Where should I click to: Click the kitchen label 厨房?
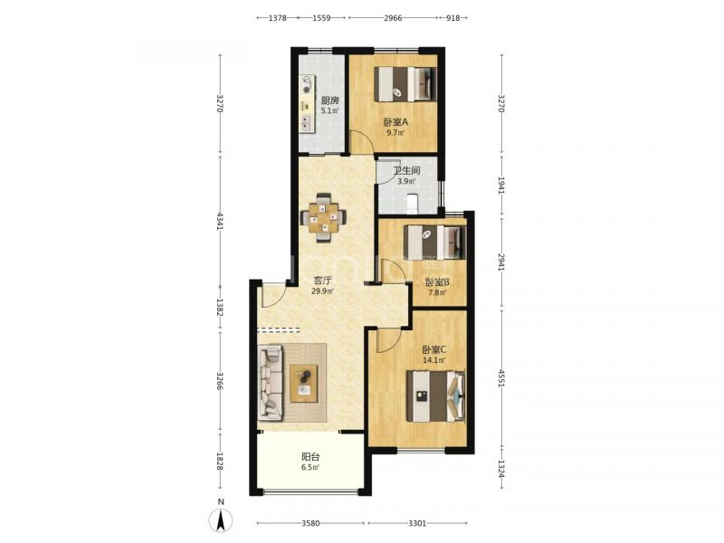tap(329, 100)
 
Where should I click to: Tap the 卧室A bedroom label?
tap(395, 122)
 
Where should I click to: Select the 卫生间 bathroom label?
tap(406, 170)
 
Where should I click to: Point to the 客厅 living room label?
tap(323, 281)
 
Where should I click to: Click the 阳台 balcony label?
tap(310, 457)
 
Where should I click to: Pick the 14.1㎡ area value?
tap(434, 360)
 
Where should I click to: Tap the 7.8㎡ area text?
tap(437, 292)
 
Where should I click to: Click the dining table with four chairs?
tap(323, 217)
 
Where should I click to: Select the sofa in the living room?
tap(270, 384)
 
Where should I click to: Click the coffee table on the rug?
tap(304, 383)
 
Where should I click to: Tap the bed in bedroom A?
tap(405, 84)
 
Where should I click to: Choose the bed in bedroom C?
tap(435, 395)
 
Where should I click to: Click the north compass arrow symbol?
tap(221, 521)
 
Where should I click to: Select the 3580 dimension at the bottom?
tap(310, 523)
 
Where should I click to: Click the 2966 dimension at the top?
tap(393, 18)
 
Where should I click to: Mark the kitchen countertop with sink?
tap(307, 104)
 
